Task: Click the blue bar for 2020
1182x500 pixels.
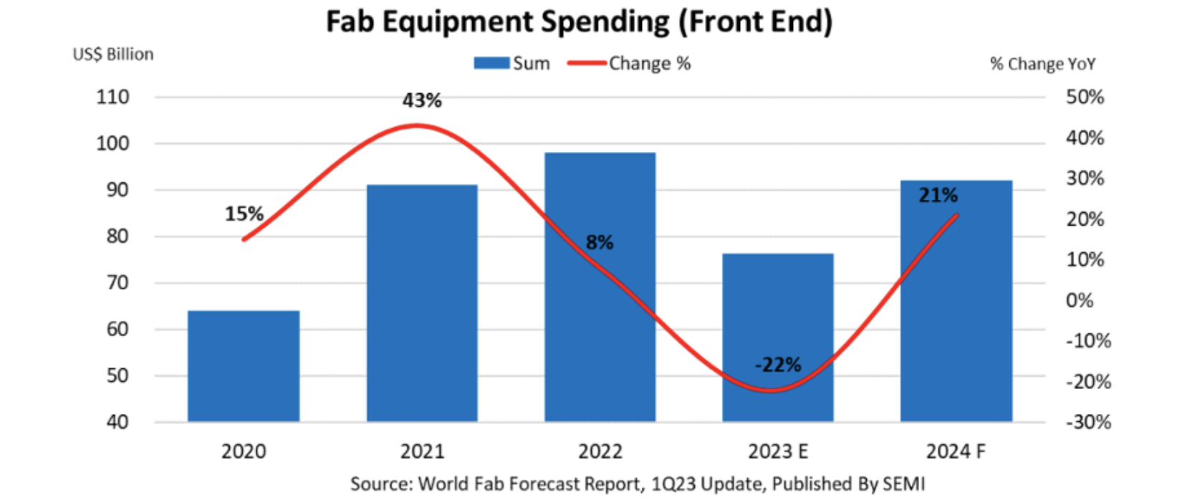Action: [244, 366]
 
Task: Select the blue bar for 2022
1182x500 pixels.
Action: [600, 287]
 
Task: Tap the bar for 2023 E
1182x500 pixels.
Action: [778, 337]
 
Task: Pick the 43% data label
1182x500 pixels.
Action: [422, 101]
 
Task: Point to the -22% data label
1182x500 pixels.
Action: [778, 365]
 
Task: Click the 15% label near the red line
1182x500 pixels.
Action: [244, 214]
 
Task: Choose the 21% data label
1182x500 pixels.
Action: [938, 196]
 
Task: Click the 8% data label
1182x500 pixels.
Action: [600, 243]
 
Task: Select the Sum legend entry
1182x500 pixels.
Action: [512, 64]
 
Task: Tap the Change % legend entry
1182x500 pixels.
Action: [630, 64]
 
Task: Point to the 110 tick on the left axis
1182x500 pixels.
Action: [113, 97]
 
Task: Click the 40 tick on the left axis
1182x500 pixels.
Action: [117, 422]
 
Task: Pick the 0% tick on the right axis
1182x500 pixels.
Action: [1080, 300]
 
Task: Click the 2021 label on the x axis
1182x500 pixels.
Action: [422, 452]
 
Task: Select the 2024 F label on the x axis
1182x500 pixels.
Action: [956, 452]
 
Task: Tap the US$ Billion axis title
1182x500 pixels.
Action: [113, 54]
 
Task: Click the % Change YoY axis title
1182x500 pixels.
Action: [1043, 64]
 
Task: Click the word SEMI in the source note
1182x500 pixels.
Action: [905, 484]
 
